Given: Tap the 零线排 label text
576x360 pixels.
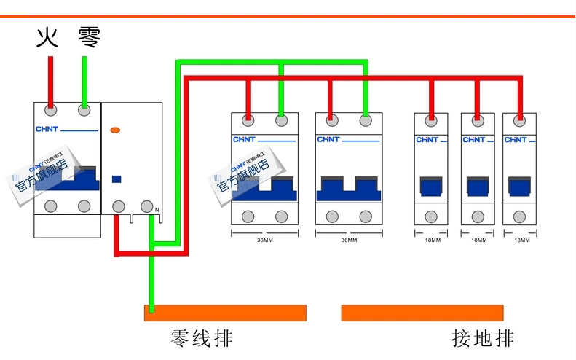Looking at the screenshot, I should click(202, 339).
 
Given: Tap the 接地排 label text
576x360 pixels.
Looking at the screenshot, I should click(483, 339).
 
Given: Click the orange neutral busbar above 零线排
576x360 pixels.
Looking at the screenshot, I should click(225, 313).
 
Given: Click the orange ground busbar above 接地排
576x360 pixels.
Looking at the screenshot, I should click(422, 313).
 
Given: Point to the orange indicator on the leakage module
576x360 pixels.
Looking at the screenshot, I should click(115, 130).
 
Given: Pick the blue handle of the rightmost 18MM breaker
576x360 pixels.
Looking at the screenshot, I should click(518, 187).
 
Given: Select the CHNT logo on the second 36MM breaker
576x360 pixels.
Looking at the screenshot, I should click(328, 139).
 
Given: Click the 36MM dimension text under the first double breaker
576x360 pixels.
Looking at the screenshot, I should click(264, 240).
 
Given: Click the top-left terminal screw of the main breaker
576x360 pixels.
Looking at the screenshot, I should click(51, 111).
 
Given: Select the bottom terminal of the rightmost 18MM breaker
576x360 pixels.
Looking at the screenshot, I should click(518, 216).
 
